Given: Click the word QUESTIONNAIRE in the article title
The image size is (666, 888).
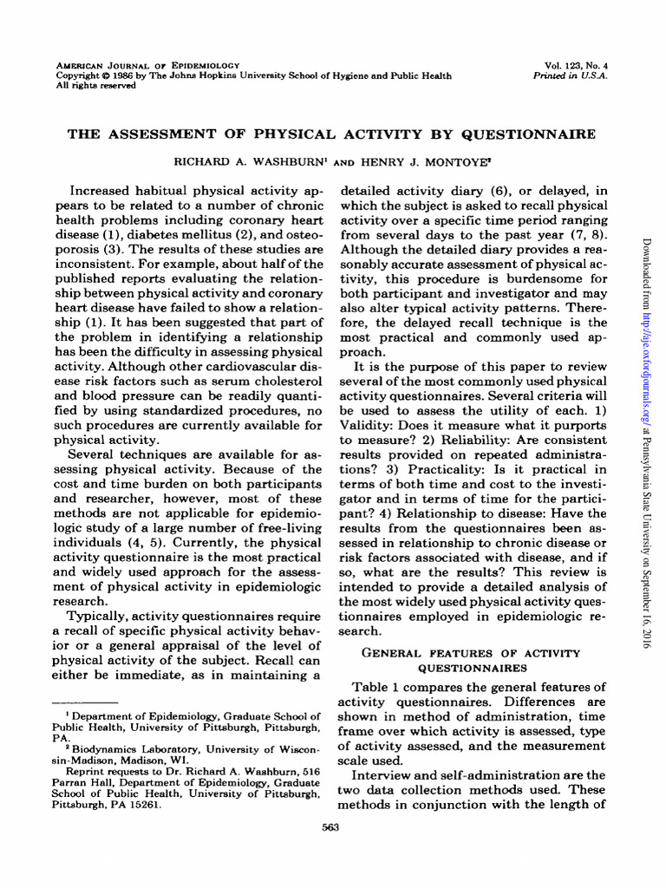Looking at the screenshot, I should tap(529, 134).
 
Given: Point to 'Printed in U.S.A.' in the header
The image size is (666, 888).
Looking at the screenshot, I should tap(571, 75).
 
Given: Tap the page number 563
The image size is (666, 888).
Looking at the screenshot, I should tap(330, 827).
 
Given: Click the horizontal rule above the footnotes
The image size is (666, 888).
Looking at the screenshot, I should tap(86, 701).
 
